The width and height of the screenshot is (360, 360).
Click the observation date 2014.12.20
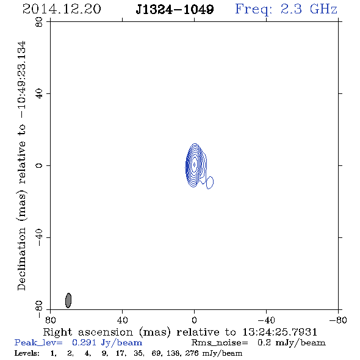(x=62, y=9)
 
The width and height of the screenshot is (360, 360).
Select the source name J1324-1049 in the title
(x=175, y=9)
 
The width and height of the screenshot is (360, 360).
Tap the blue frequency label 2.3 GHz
(x=309, y=9)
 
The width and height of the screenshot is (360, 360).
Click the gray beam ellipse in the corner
(x=68, y=300)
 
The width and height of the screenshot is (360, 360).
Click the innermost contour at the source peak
(x=194, y=164)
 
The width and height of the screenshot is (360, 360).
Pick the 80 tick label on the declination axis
(x=39, y=22)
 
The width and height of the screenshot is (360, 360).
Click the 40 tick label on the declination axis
(x=39, y=94)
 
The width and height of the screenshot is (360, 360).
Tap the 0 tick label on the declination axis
(x=39, y=165)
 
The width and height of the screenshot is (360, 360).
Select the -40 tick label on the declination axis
(x=39, y=237)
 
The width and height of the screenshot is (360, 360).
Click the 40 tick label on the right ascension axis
(x=122, y=320)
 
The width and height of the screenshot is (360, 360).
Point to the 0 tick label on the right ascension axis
(x=194, y=320)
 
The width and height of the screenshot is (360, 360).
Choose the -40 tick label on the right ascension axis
(x=266, y=320)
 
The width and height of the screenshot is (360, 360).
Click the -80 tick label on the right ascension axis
(x=338, y=320)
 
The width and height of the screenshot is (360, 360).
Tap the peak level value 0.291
(x=84, y=342)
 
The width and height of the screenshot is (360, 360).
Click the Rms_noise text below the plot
(x=220, y=343)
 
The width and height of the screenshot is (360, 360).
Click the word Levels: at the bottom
(x=27, y=353)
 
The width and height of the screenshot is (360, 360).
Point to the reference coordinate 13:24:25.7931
(x=279, y=332)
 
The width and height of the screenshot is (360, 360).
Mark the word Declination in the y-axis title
(x=21, y=259)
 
